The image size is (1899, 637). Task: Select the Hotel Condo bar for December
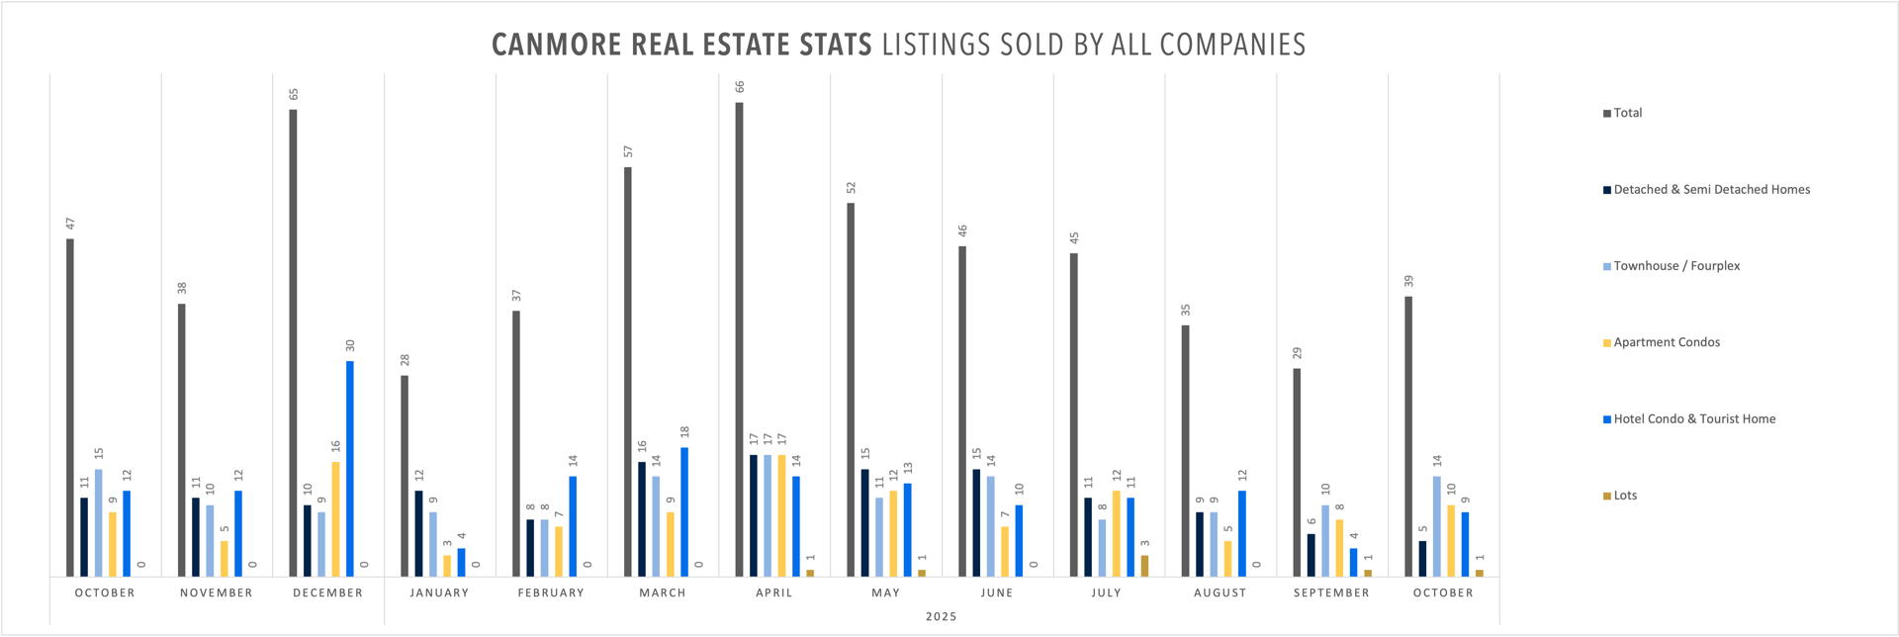[350, 469]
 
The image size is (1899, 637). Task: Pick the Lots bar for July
[1145, 566]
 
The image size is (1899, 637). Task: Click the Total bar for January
[405, 476]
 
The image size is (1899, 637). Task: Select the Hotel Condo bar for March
[684, 511]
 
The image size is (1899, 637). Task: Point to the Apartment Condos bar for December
[335, 519]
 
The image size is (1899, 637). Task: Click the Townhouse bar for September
[1325, 541]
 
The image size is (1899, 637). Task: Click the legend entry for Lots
[1625, 496]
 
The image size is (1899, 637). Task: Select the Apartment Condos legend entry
[1667, 342]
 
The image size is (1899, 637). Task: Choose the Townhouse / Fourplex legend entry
[1676, 266]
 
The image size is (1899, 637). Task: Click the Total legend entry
[1627, 113]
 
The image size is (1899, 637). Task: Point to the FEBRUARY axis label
[551, 592]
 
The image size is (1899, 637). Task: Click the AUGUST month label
[1220, 592]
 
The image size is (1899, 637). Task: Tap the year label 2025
[941, 616]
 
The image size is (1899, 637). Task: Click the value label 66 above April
[739, 87]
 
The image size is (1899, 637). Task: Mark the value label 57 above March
[628, 151]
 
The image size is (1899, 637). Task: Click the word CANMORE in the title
[557, 45]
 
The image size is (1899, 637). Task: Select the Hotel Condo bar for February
[573, 526]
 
